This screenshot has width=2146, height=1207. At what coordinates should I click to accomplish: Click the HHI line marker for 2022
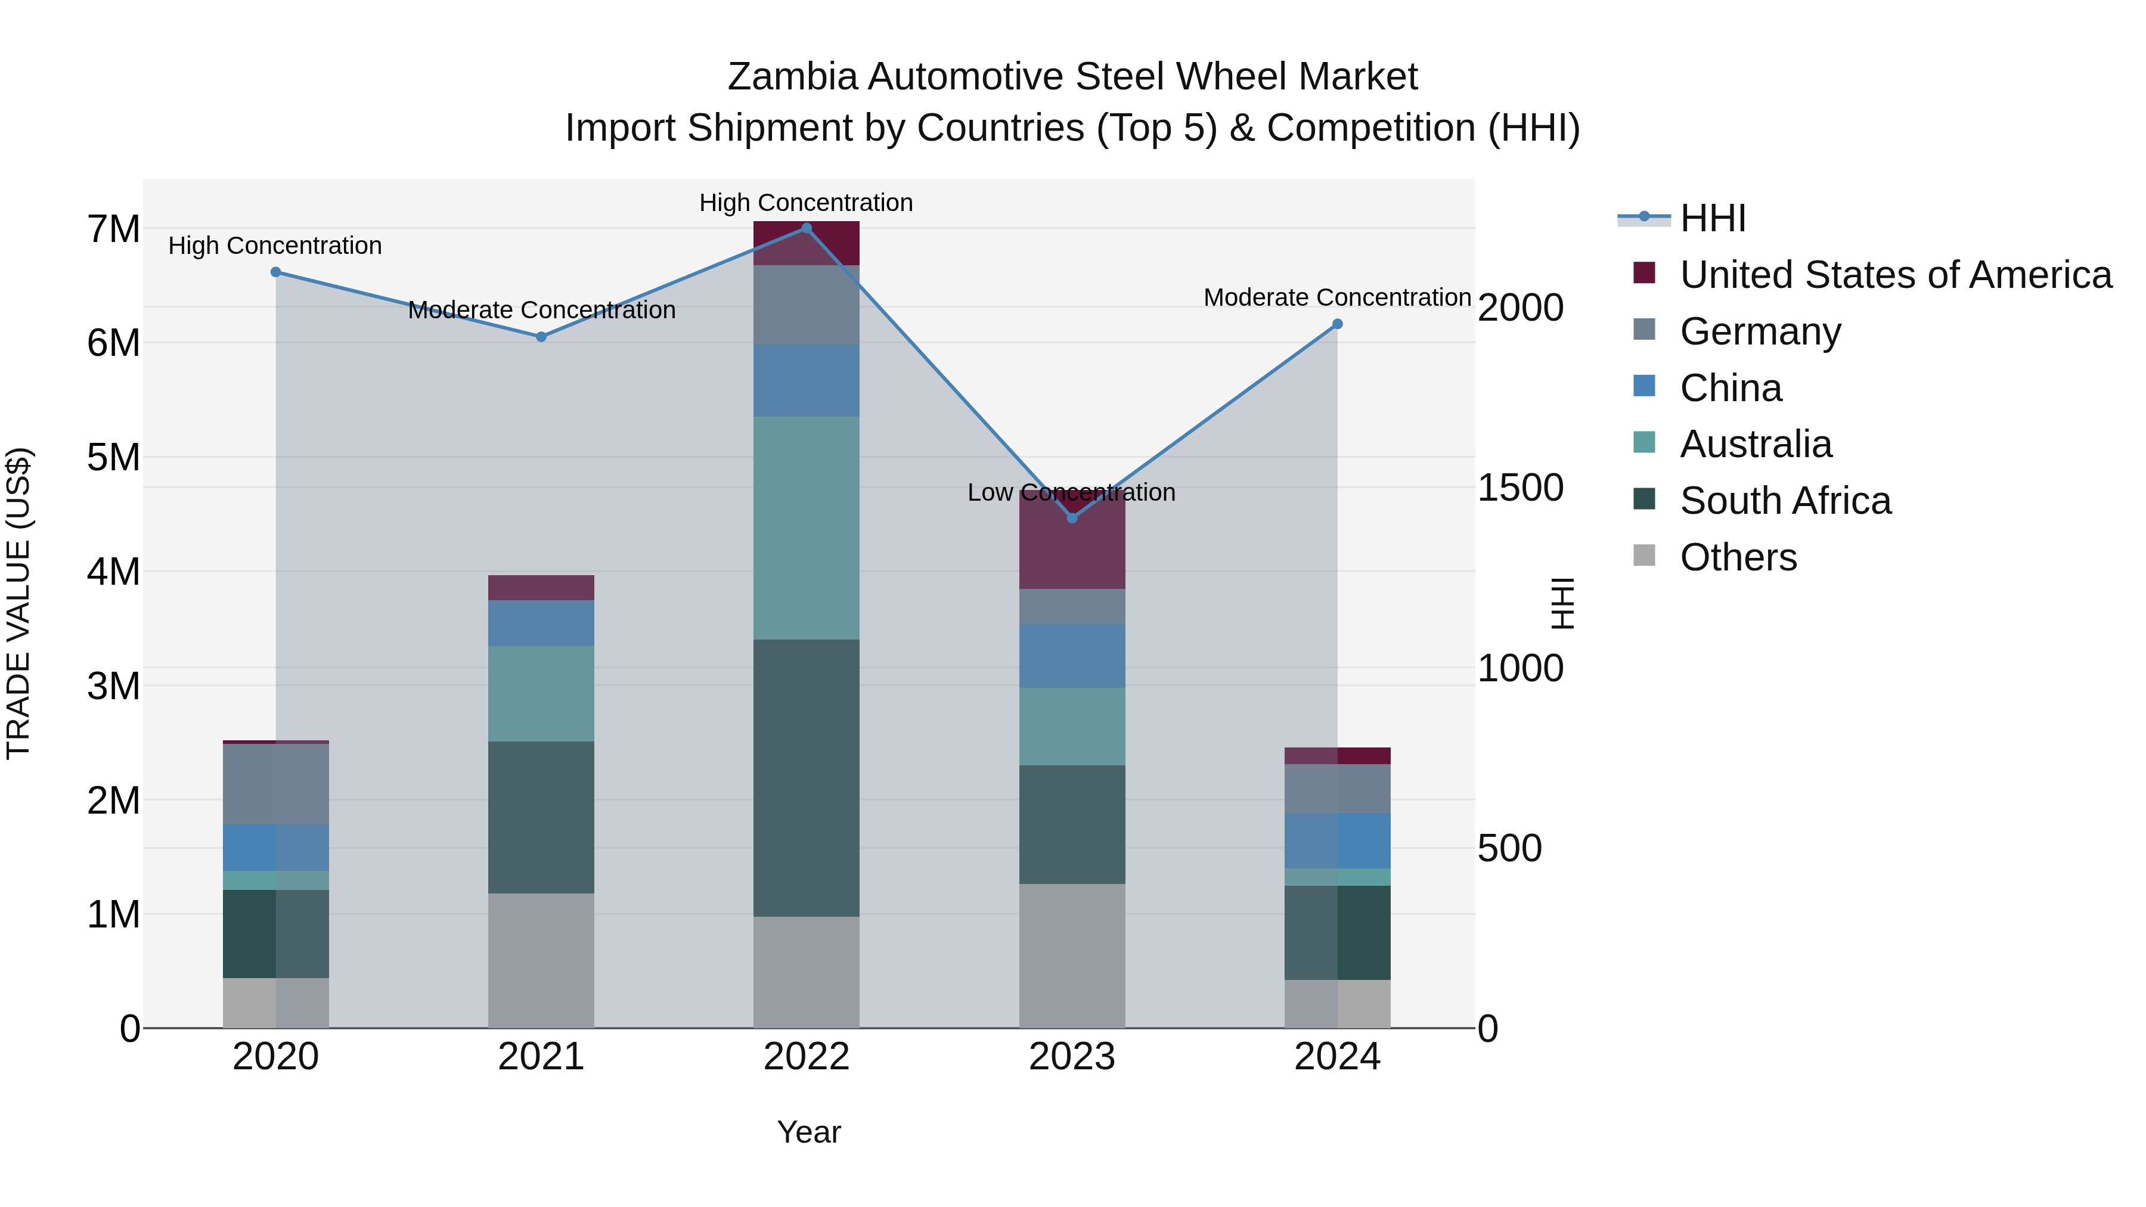click(x=805, y=228)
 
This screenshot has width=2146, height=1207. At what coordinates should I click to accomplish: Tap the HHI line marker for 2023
click(x=1072, y=518)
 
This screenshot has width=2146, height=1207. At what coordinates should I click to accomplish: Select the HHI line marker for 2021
click(x=541, y=337)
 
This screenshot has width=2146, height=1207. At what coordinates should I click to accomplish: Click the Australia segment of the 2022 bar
click(x=805, y=528)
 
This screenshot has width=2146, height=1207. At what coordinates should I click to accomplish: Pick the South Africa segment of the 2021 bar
click(x=541, y=817)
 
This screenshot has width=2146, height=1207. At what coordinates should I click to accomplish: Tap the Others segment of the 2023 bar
click(x=1072, y=955)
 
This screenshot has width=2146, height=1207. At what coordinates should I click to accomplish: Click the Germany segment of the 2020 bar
click(x=276, y=784)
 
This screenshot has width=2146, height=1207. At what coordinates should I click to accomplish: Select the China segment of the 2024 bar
click(x=1337, y=840)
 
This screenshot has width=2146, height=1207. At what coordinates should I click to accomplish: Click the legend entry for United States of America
click(x=1895, y=275)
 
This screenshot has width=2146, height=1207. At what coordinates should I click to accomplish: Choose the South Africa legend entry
click(x=1785, y=501)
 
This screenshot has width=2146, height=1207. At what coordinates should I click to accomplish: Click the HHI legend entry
click(x=1712, y=218)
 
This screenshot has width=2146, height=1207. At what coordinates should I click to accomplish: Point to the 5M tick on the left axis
click(x=113, y=457)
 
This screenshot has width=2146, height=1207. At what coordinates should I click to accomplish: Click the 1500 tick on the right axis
click(x=1520, y=488)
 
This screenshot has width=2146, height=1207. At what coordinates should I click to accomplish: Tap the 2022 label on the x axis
click(x=805, y=1057)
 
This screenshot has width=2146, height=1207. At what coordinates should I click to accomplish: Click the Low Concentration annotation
click(x=1071, y=492)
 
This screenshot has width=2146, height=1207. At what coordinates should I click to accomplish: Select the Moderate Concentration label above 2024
click(x=1336, y=297)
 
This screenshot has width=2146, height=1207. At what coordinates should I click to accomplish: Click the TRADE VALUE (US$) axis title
click(x=18, y=603)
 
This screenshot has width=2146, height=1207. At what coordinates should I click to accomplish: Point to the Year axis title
click(x=808, y=1132)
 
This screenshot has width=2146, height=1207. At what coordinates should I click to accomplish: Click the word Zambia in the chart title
click(x=792, y=77)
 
